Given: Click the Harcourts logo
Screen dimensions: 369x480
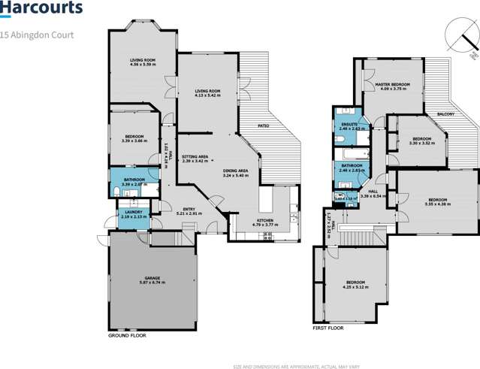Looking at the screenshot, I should click(41, 10).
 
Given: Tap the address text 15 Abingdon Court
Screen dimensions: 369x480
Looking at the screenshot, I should click(37, 35).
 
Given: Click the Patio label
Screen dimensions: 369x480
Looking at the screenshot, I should click(264, 126).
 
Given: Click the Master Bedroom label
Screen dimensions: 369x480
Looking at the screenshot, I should click(394, 86).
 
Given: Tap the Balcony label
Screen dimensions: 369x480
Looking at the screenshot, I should click(445, 114).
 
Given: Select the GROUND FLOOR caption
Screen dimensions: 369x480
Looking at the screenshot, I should click(128, 335).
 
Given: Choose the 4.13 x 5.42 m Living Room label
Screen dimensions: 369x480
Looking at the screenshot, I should click(205, 92).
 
